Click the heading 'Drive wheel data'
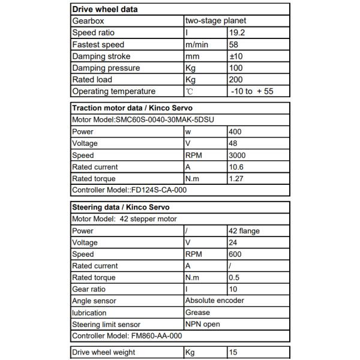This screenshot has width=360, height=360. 104,9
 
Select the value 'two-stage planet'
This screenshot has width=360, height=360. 215,21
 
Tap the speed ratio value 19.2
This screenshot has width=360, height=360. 238,32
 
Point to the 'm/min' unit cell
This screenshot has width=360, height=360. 197,44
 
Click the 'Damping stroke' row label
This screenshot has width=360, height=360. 101,56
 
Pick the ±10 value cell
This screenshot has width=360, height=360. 237,56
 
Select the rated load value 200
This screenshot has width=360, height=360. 237,79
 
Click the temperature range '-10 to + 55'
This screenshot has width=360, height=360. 252,91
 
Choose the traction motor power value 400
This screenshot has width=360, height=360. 236,131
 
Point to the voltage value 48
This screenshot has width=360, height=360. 233,143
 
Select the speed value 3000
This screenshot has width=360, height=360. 238,155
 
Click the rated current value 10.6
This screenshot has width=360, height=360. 237,167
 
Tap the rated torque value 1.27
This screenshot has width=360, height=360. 237,179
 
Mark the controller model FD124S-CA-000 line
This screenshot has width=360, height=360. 130,190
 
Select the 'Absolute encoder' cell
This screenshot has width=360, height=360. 215,301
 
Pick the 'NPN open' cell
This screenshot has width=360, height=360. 203,324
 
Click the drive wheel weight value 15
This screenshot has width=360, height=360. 233,352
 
